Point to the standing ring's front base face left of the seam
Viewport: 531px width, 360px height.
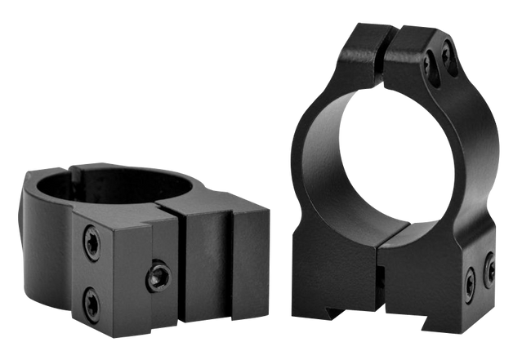[335, 261]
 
